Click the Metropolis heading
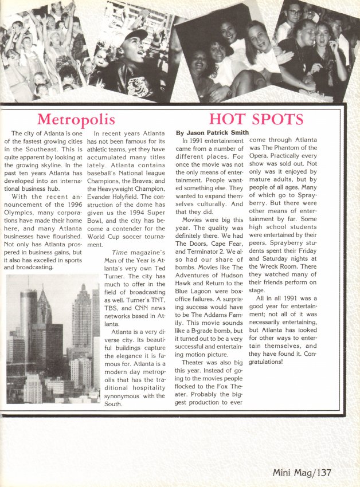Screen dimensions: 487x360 (76, 119)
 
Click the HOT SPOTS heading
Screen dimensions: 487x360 (256, 119)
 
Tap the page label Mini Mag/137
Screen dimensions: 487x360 (302, 473)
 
